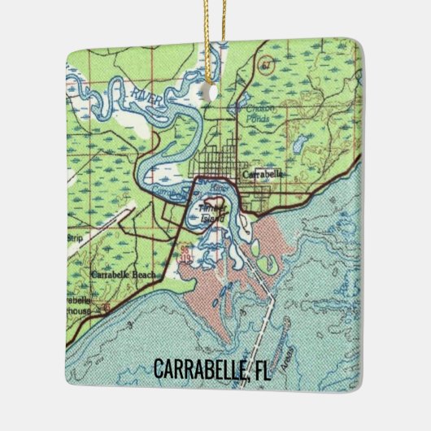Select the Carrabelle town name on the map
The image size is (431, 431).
pyautogui.click(x=262, y=173)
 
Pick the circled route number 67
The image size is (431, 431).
pyautogui.click(x=265, y=64)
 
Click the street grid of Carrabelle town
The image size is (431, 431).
pyautogui.click(x=220, y=159)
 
